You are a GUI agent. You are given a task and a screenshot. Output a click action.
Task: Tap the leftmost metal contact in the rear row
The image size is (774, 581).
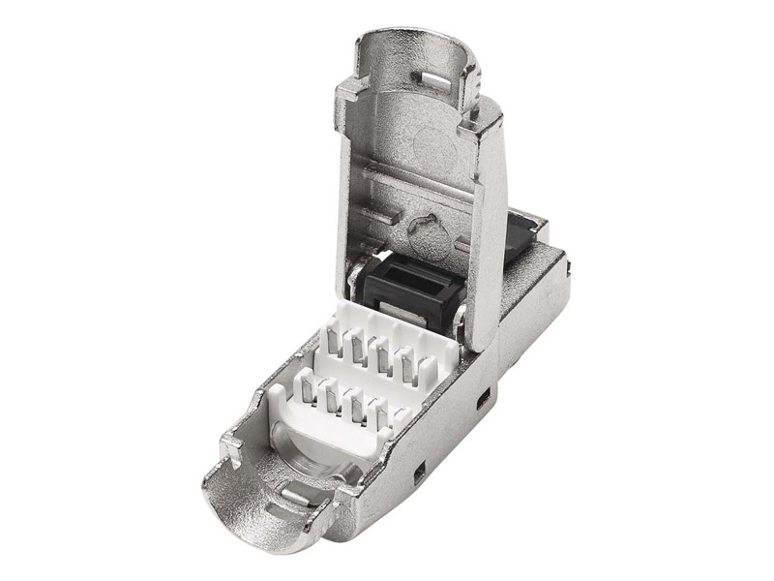(333, 344)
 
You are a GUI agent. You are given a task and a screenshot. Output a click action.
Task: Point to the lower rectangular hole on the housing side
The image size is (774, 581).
(419, 474)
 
